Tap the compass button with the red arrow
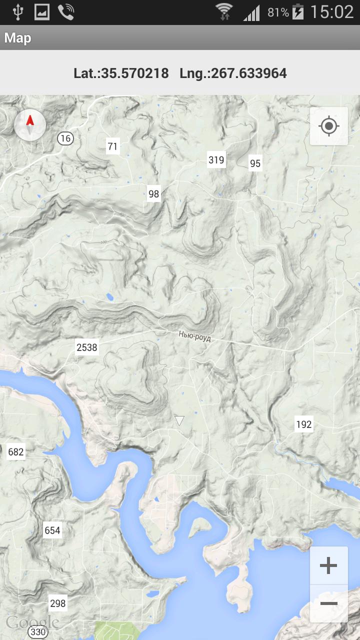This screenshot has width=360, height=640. tap(30, 124)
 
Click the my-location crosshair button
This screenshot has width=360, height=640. tap(328, 125)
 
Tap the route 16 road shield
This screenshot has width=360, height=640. tap(65, 138)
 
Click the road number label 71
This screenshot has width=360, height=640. tap(112, 146)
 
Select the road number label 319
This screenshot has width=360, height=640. tap(216, 160)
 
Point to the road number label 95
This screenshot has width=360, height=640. tap(255, 163)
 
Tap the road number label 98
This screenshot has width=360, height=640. tap(153, 194)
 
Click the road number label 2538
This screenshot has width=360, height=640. tap(87, 347)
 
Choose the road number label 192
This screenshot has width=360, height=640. tap(303, 425)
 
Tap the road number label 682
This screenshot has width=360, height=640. tap(16, 452)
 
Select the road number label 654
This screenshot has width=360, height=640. tap(52, 530)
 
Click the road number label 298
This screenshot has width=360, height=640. tap(58, 603)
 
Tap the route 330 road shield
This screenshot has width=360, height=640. tap(38, 632)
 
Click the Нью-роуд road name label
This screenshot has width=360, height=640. tap(194, 337)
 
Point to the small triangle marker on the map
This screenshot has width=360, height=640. tap(179, 420)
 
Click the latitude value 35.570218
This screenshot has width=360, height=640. tap(135, 73)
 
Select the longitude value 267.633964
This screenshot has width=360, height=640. tap(249, 73)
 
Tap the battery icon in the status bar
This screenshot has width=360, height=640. tap(298, 12)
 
